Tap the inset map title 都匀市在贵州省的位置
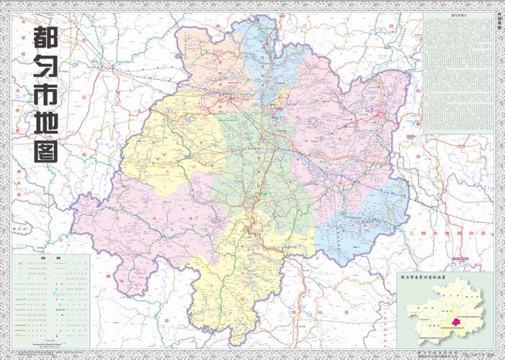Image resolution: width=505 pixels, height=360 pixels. [445, 276]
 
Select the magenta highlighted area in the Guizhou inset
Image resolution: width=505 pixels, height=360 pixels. [456, 323]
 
